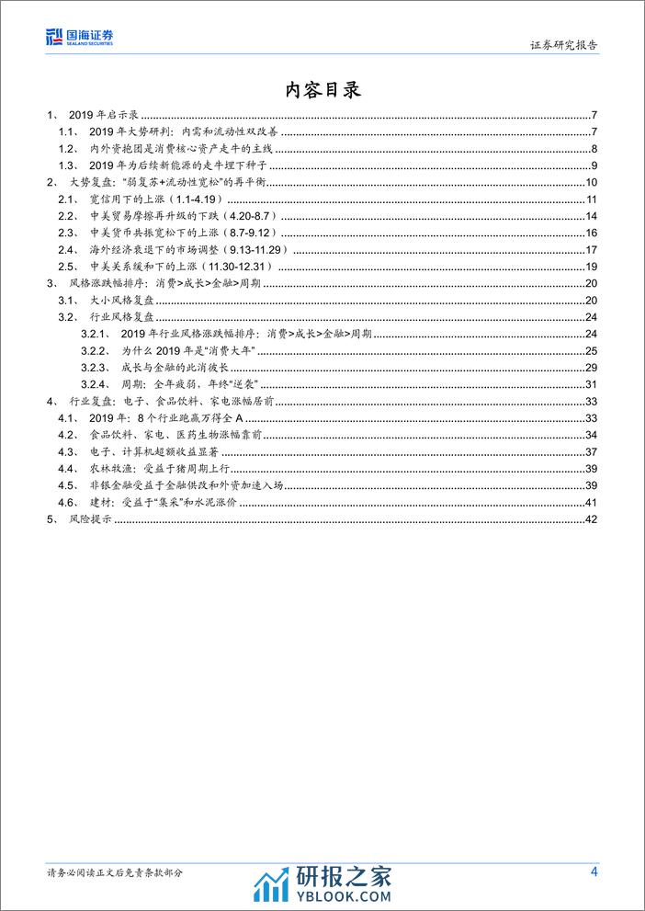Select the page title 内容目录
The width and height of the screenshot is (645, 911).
point(322,89)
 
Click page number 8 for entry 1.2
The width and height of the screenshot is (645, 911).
point(594,149)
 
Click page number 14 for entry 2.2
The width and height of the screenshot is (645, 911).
point(592,216)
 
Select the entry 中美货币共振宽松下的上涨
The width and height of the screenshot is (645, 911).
point(157,233)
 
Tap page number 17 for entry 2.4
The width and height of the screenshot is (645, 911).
point(592,249)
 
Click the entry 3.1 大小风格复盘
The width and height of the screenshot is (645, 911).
point(107,300)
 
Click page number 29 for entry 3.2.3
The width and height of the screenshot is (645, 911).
point(592,367)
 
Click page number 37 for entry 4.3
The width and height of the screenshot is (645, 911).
point(592,450)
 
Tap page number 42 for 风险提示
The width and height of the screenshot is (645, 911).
point(592,519)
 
